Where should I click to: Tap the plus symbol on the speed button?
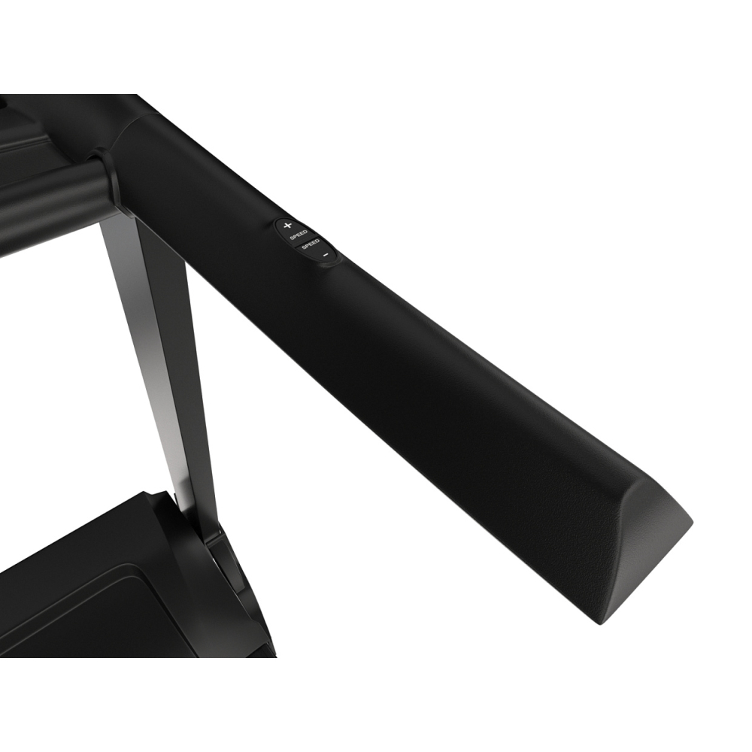coord(287,225)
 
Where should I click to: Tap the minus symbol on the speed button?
coord(326,255)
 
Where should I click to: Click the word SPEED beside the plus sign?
coord(299,235)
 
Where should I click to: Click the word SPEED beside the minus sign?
coord(311,244)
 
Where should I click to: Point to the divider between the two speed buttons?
coord(306,239)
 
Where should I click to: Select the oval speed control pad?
coord(307,240)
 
